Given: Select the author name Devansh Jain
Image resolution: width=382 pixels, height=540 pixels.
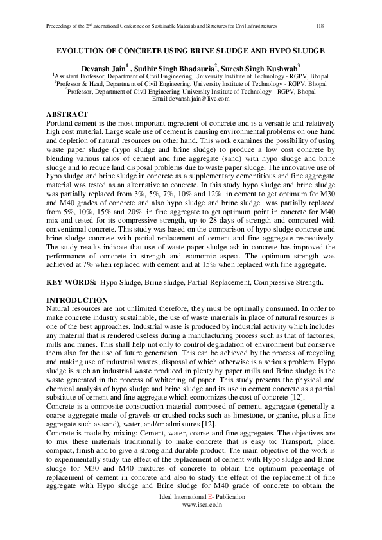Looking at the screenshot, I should [103, 67].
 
